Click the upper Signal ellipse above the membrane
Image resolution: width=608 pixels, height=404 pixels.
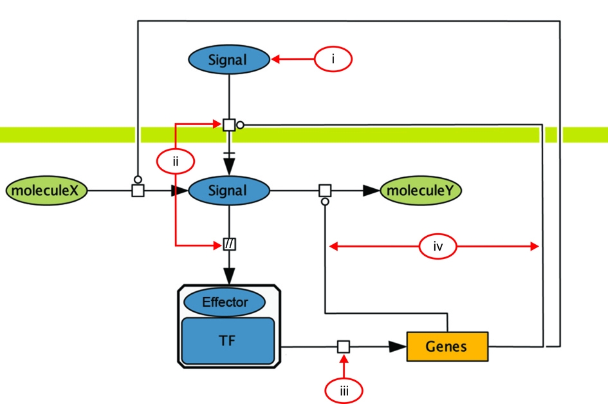coord(229,59)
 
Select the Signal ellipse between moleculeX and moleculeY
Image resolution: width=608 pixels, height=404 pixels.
coord(229,190)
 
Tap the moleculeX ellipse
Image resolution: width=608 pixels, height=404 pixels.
coord(46,190)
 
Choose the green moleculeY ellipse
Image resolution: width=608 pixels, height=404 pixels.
coord(421,190)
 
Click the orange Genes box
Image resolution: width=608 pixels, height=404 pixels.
coord(447,347)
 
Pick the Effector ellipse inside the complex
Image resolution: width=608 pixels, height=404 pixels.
coord(225,302)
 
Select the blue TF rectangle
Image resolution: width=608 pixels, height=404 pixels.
coord(228,341)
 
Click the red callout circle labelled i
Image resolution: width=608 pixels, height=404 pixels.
coord(333,59)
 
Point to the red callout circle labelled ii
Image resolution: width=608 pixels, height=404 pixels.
coord(176,161)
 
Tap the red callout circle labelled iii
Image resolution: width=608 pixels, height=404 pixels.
coord(344,391)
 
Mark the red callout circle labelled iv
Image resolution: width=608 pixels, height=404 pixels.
coord(438,246)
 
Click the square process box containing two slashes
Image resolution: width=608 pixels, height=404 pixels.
coord(229,244)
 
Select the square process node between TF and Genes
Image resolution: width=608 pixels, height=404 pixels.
coord(343,347)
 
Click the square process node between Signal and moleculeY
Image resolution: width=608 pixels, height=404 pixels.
coord(325,190)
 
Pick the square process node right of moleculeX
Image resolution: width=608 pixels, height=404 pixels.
coord(138,190)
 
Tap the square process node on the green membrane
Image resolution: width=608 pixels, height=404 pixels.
coord(229,125)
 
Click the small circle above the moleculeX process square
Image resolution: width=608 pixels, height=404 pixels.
coord(138,180)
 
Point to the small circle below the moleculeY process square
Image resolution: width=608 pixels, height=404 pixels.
coord(325,202)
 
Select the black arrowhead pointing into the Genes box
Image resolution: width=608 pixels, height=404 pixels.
coord(398,347)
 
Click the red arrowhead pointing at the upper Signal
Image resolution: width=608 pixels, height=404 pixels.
coord(275,59)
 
